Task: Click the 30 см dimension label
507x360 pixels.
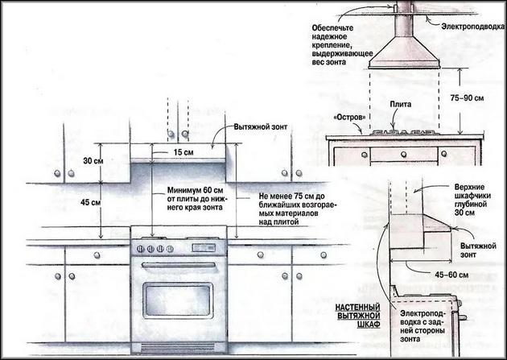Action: click(93, 160)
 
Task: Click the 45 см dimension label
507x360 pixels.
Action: click(90, 202)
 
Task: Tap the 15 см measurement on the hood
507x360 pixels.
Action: click(183, 152)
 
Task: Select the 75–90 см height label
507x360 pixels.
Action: click(468, 97)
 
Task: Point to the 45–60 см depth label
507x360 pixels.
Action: click(451, 275)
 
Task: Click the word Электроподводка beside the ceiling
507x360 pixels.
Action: click(472, 27)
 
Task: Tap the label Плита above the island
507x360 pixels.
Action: click(400, 105)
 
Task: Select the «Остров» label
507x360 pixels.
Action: click(349, 118)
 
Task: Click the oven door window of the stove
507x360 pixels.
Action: click(178, 300)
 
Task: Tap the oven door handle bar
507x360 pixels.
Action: click(179, 265)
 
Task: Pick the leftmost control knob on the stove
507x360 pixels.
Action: click(140, 249)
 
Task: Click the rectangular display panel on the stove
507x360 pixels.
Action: click(204, 248)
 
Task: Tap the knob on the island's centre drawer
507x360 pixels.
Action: click(403, 155)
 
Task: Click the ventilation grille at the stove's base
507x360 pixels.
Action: click(179, 349)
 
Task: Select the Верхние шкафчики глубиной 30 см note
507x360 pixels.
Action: click(472, 200)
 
